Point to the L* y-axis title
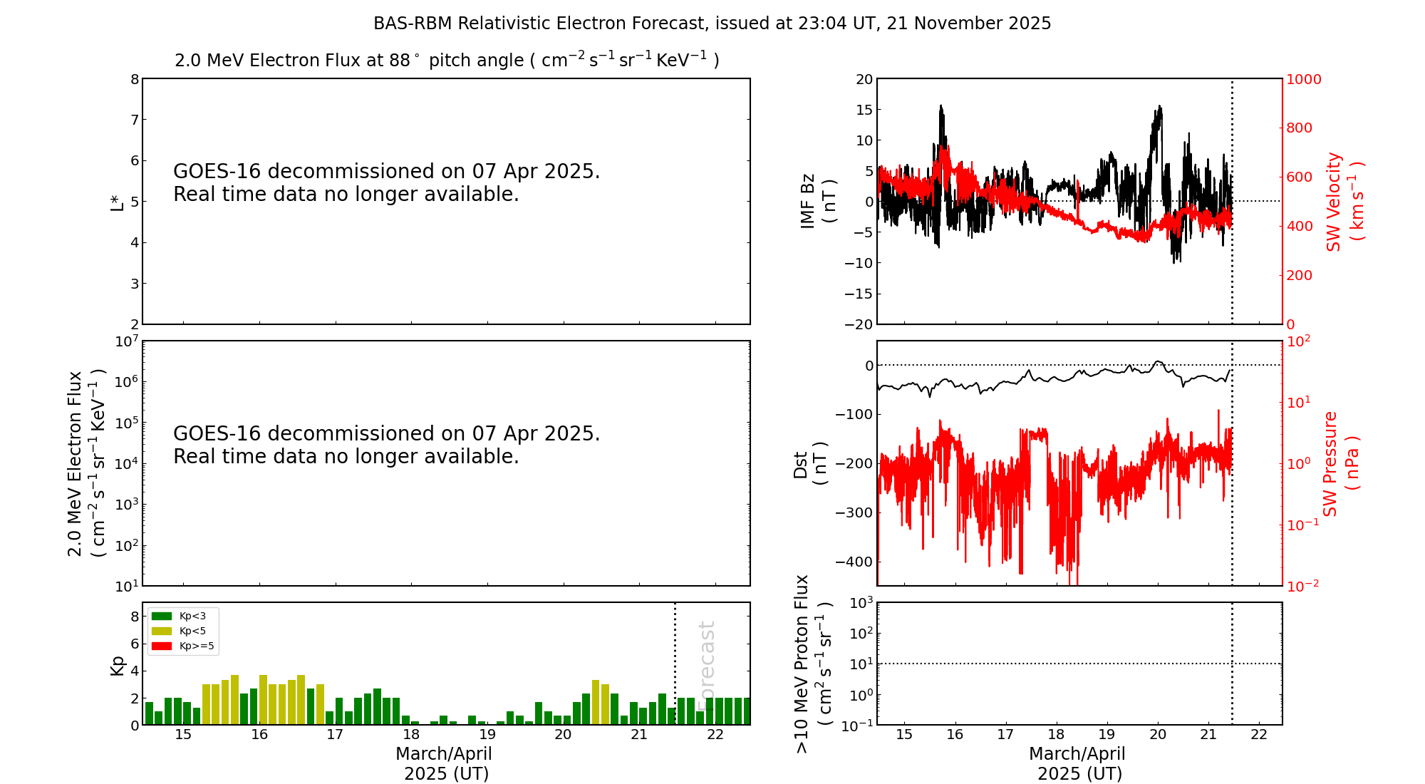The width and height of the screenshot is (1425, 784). (x=117, y=202)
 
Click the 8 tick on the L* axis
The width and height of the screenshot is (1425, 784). (x=134, y=79)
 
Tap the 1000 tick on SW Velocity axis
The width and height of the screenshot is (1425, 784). (x=1303, y=79)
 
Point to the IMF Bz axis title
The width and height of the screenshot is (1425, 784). (x=818, y=202)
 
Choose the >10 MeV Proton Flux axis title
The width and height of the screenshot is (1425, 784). (x=813, y=664)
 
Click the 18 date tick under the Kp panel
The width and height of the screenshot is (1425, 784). (x=411, y=735)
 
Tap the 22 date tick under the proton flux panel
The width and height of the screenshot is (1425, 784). (x=1259, y=735)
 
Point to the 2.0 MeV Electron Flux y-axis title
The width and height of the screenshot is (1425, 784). (x=86, y=463)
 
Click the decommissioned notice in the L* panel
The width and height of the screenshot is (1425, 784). (x=386, y=182)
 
